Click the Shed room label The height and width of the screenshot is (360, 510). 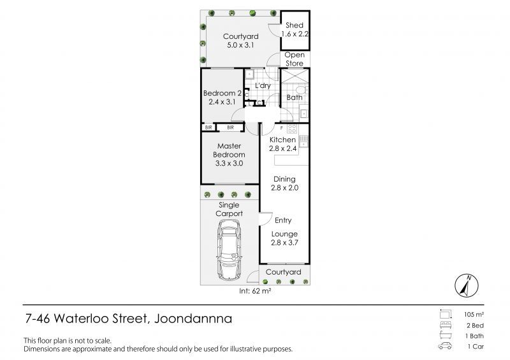point(295,25)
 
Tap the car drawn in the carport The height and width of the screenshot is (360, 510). point(229,250)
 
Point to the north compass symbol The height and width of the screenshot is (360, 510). point(467,285)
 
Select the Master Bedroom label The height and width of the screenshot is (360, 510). point(229,150)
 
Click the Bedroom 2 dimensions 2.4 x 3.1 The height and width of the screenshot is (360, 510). point(222,102)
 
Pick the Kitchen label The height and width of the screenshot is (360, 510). point(282,140)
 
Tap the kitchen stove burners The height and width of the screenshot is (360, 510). point(292,129)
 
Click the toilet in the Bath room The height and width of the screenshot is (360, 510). point(302,90)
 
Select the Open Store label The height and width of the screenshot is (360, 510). point(295,59)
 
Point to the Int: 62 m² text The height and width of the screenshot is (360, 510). point(255,291)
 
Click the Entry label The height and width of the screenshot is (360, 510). point(283,220)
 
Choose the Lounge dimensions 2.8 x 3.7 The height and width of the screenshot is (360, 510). point(284,243)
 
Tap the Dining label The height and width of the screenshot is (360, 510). point(284,179)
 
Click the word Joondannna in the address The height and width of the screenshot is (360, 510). point(193,319)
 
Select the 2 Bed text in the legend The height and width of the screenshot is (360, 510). point(475,326)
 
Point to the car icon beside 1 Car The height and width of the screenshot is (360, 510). point(445,346)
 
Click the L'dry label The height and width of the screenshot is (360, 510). point(263,85)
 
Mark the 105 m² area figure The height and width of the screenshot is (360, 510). point(474,315)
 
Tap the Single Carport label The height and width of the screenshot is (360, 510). point(229,210)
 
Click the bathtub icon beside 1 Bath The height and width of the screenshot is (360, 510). point(445,335)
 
